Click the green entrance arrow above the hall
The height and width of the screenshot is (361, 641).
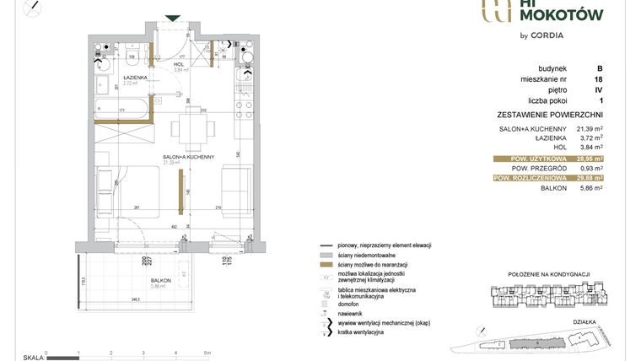[172, 18]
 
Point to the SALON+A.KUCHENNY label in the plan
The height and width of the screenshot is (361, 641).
[188, 157]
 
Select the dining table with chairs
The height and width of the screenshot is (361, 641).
[186, 129]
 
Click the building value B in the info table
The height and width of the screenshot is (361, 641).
[599, 67]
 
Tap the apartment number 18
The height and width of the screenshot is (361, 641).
[598, 78]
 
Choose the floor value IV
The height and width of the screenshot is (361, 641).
[598, 89]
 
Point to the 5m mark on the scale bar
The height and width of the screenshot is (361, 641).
[207, 353]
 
